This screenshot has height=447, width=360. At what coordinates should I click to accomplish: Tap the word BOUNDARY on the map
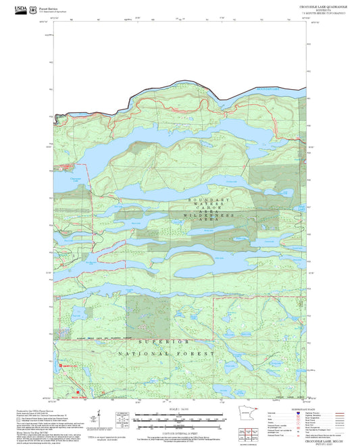pyautogui.click(x=209, y=201)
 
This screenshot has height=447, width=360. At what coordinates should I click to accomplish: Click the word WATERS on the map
pyautogui.click(x=209, y=207)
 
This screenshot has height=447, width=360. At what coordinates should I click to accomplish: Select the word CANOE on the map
pyautogui.click(x=209, y=213)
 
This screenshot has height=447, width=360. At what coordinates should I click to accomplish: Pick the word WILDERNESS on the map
pyautogui.click(x=210, y=219)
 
